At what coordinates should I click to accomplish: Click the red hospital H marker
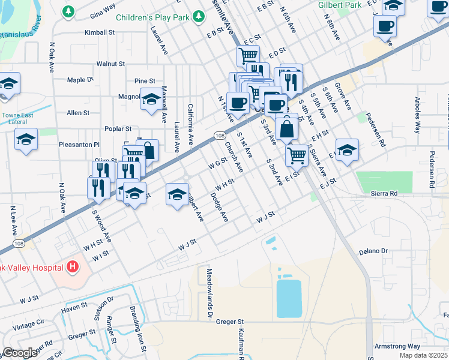click(72, 266)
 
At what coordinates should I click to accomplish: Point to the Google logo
click(20, 353)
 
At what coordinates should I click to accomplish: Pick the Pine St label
click(145, 80)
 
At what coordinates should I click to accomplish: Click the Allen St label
click(78, 112)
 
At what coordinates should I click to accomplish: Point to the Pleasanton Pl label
click(79, 145)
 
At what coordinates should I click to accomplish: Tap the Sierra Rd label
click(384, 194)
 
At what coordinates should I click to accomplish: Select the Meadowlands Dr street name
click(211, 301)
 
